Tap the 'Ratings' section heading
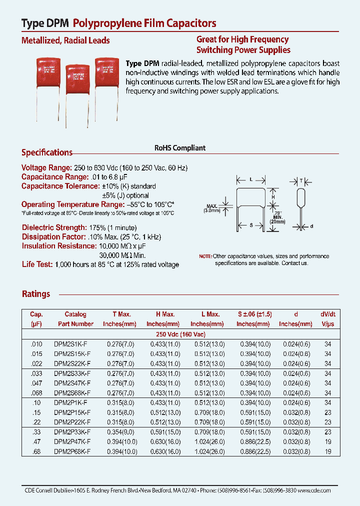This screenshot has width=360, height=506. click(36, 294)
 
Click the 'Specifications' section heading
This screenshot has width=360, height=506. click(47, 152)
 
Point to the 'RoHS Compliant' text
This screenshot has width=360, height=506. click(180, 148)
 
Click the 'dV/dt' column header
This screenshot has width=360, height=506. click(328, 314)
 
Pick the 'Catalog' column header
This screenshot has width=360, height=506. click(75, 314)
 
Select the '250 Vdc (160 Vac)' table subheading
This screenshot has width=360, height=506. click(179, 333)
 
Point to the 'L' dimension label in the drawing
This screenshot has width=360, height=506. click(250, 178)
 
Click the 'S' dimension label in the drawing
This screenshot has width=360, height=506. click(250, 225)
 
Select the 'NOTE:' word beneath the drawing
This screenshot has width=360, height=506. click(205, 256)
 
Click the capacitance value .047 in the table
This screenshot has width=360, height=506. click(36, 382)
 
